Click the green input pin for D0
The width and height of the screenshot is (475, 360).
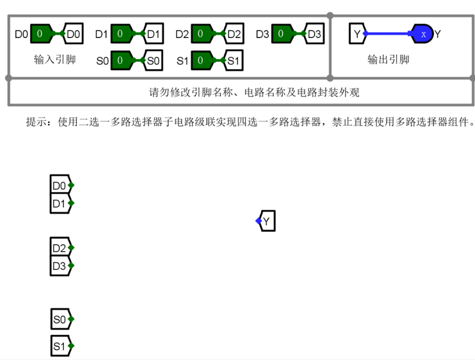[40, 34]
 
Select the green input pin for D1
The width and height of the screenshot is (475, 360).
[120, 34]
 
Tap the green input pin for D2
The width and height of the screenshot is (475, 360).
[201, 34]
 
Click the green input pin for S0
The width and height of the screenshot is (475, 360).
[120, 60]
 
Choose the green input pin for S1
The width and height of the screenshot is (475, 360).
[201, 60]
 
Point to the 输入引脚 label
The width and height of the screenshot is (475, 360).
[54, 60]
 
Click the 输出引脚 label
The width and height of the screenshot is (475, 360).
[388, 60]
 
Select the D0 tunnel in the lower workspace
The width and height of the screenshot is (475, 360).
[61, 186]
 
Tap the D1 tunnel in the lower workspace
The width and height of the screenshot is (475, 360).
[61, 204]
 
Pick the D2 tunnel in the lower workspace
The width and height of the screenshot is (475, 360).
[61, 248]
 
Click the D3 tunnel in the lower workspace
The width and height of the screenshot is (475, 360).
[61, 266]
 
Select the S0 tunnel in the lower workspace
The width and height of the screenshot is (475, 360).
[61, 320]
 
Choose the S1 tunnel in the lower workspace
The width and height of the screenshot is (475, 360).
[61, 346]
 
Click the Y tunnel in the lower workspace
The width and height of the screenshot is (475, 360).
[266, 221]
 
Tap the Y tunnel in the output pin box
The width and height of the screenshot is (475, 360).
[357, 34]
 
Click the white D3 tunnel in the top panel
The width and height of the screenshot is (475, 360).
[314, 34]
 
